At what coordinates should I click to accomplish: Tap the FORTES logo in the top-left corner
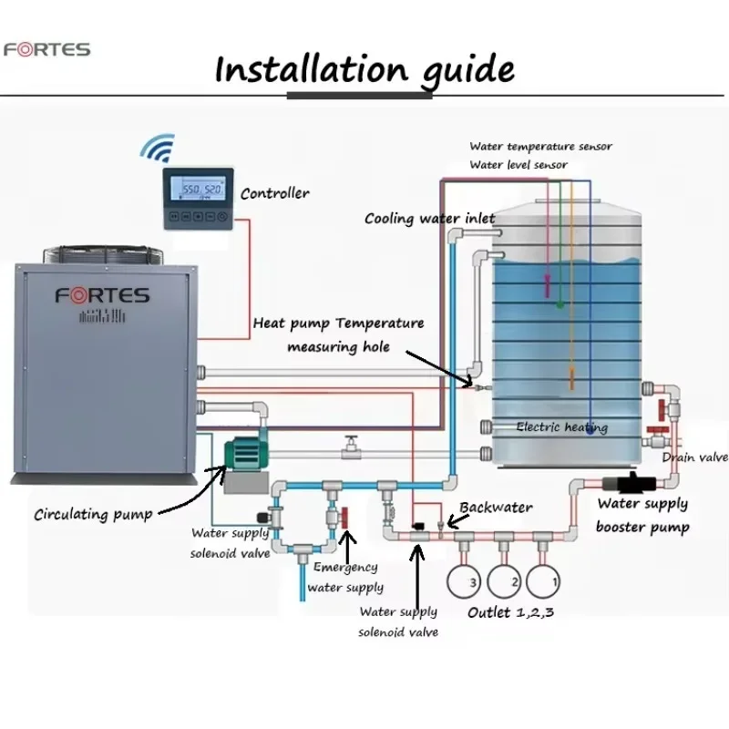[46, 48]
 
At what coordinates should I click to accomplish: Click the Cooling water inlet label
[429, 219]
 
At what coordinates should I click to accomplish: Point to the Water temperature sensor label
[540, 146]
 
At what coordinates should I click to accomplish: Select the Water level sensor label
[519, 165]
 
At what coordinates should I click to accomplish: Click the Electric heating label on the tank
[561, 426]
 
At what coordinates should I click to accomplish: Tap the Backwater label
[496, 507]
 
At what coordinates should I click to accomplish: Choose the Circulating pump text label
[93, 514]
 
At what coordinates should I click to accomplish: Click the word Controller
[274, 193]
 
